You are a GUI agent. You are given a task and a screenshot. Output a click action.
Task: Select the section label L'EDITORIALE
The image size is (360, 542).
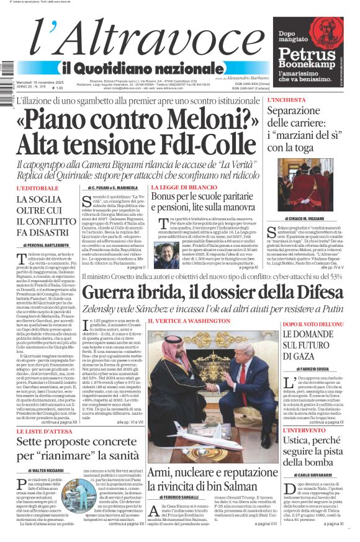[37, 188]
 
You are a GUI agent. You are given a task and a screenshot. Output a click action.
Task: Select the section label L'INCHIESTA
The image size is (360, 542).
[287, 100]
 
